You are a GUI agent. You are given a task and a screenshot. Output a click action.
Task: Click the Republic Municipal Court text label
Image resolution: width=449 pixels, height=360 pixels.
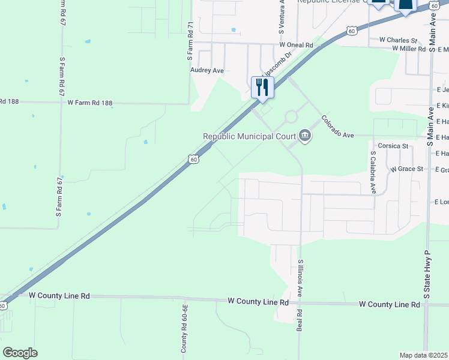click(x=249, y=136)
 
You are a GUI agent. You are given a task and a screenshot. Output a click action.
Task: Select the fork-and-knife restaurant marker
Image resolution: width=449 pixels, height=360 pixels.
click(x=262, y=88)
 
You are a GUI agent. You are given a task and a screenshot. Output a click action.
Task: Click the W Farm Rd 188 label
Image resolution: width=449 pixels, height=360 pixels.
click(x=90, y=103)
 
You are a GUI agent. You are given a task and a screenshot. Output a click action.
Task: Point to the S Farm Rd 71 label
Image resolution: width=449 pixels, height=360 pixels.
click(x=190, y=41)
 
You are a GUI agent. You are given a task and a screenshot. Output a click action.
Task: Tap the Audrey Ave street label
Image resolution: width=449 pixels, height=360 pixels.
click(x=207, y=70)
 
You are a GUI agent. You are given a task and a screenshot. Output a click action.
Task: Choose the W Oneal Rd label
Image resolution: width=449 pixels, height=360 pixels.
click(x=297, y=45)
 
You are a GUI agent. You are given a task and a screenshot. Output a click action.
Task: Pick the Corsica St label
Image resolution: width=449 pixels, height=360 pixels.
click(x=393, y=146)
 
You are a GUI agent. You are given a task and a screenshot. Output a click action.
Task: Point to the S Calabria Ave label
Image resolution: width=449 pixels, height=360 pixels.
click(x=373, y=172)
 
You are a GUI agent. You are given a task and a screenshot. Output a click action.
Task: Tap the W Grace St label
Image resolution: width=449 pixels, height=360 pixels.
click(x=407, y=169)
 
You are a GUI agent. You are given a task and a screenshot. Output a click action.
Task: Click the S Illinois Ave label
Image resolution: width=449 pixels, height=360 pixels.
click(x=300, y=282)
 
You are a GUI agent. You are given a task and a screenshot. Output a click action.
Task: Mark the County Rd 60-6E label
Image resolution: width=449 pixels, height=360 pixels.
click(x=185, y=327)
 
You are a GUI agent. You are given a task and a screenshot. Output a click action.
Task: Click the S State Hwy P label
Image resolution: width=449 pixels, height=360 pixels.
click(x=428, y=274)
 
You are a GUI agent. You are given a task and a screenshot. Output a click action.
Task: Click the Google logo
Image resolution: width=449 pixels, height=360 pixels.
click(x=20, y=352)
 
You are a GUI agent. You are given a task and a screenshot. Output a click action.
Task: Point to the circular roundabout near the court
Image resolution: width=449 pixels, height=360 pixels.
click(x=292, y=116)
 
